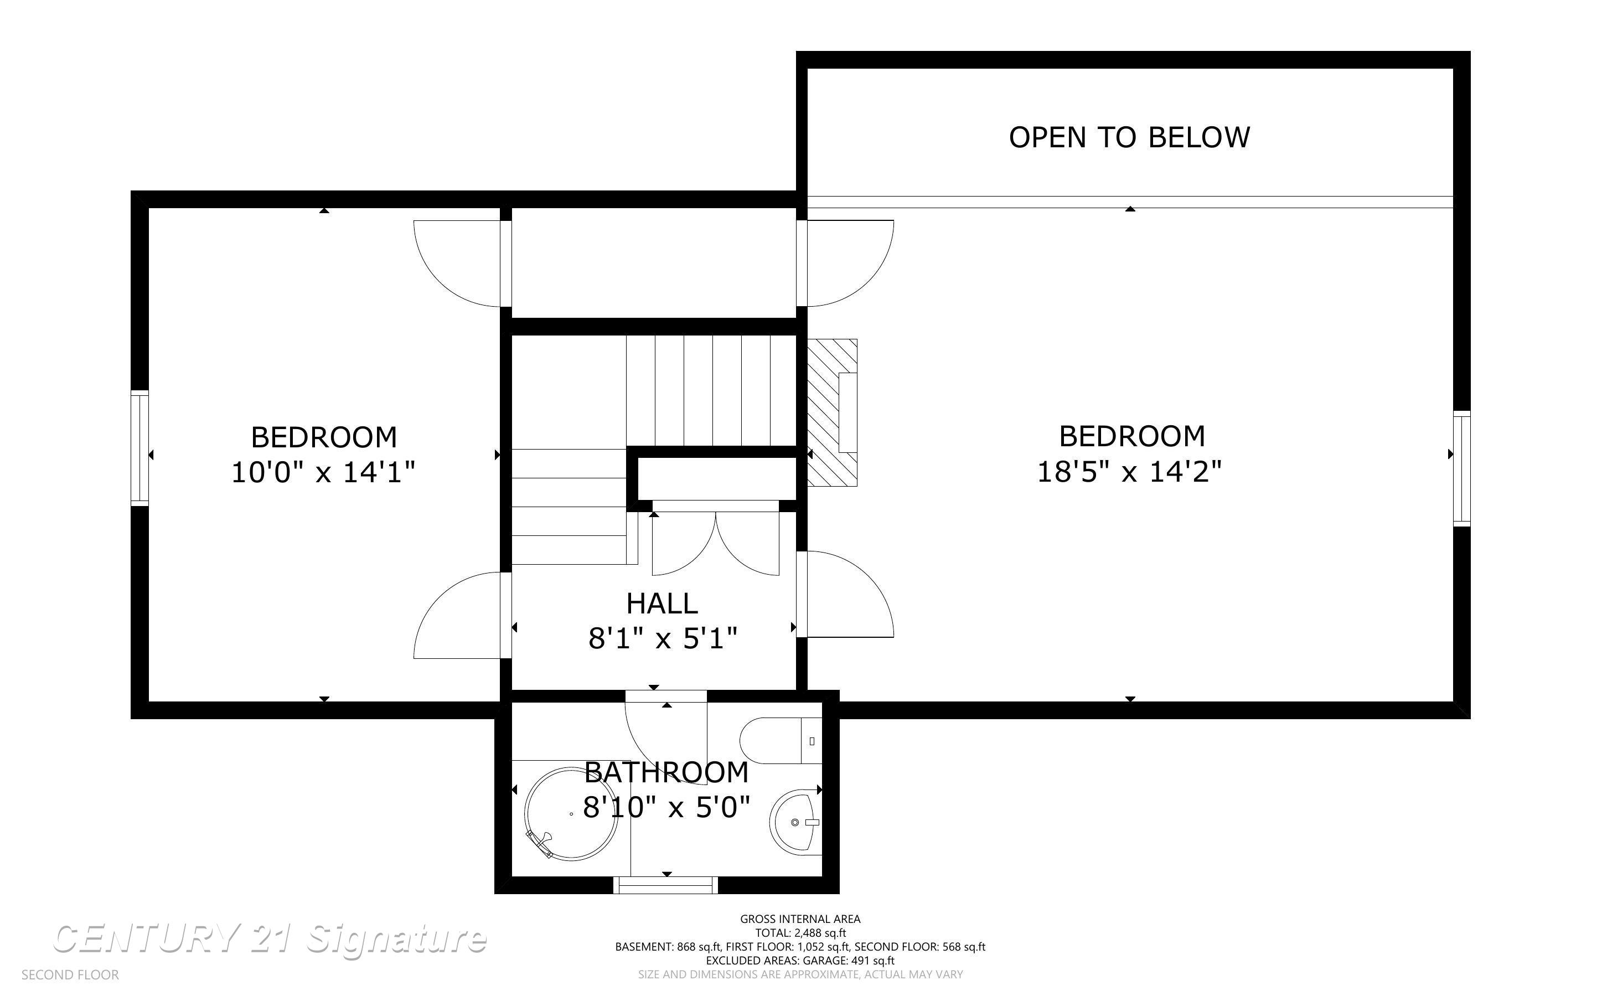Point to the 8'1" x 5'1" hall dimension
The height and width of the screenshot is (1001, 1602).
click(x=663, y=639)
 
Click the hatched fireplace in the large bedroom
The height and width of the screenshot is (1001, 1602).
click(x=832, y=412)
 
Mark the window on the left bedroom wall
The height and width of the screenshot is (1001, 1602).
click(x=139, y=448)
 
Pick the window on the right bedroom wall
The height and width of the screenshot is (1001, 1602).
click(x=1461, y=469)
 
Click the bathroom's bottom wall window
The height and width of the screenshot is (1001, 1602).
click(x=666, y=885)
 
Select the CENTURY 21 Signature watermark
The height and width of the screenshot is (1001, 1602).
click(x=270, y=939)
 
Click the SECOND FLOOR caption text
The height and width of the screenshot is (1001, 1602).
click(x=70, y=975)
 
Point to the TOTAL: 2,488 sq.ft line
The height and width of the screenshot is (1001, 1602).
click(x=800, y=933)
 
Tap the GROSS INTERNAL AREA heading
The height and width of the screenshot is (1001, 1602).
click(x=800, y=919)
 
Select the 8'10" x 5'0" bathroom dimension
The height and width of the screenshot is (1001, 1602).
click(x=666, y=808)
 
